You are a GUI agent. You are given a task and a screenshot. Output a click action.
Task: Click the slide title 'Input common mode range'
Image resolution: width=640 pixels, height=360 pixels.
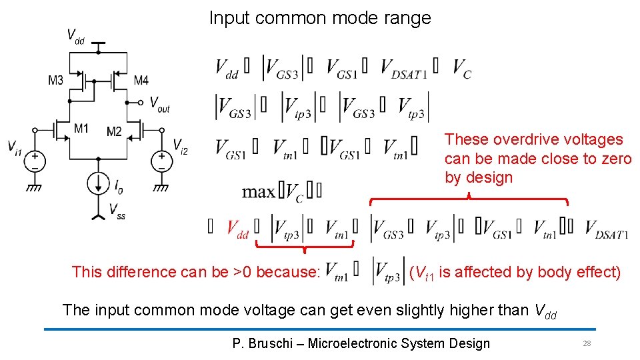tap(320, 18)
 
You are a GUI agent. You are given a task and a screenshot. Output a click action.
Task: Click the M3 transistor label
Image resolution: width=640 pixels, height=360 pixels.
tap(56, 81)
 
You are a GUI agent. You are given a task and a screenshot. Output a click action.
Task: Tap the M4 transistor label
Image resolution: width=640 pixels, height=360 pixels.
tap(141, 81)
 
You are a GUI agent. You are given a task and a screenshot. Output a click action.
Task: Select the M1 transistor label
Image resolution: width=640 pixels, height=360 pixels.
tap(81, 128)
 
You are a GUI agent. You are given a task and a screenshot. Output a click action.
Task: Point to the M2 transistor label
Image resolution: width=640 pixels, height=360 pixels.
tap(114, 131)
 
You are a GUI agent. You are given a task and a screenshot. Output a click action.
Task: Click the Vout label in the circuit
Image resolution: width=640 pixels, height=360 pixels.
tap(159, 104)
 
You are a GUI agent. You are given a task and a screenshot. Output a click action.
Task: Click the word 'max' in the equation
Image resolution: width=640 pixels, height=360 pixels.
tap(257, 193)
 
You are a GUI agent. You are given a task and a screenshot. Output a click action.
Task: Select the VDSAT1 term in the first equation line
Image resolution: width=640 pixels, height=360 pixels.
tap(404, 68)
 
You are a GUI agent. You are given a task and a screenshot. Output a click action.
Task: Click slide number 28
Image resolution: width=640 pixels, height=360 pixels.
tap(587, 343)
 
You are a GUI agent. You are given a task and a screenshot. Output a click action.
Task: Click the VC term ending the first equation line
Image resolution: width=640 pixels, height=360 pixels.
tap(462, 68)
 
